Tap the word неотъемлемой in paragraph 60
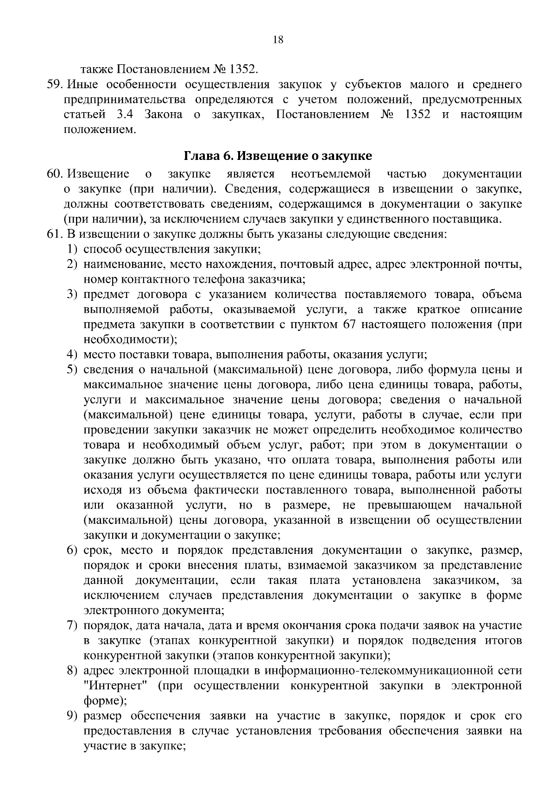pyautogui.click(x=331, y=174)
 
